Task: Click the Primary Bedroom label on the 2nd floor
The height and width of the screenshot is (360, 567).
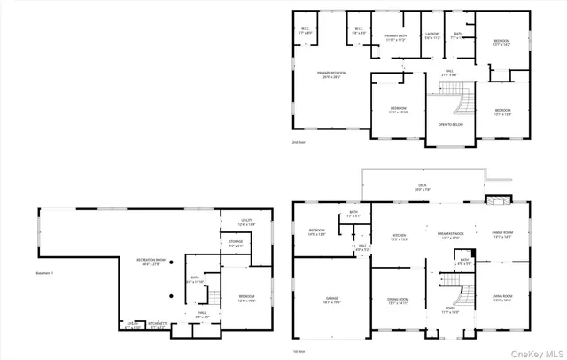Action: [x=332, y=74]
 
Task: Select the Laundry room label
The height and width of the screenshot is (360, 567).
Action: [x=432, y=36]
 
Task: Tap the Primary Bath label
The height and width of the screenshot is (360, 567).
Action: [x=395, y=36]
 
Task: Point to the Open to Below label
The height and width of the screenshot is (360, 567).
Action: [x=449, y=124]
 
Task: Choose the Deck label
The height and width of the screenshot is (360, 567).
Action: [x=423, y=186]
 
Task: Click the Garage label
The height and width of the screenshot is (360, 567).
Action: [x=331, y=301]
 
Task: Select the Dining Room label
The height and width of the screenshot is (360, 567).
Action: [x=398, y=301]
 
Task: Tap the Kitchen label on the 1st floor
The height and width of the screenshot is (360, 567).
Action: [x=399, y=237]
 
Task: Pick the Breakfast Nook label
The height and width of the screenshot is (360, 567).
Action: [x=451, y=236]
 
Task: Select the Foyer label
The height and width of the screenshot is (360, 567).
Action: [x=449, y=311]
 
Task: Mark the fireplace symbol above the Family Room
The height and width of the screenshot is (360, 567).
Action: [x=501, y=200]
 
